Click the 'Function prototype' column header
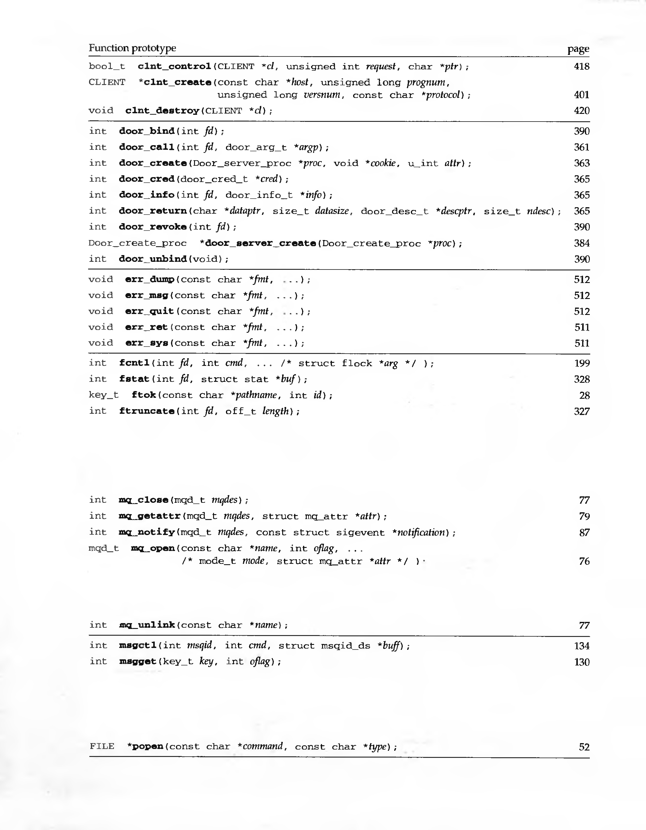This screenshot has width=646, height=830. pyautogui.click(x=132, y=48)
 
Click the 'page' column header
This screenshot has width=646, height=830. pyautogui.click(x=578, y=49)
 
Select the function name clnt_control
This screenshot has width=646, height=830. pyautogui.click(x=174, y=67)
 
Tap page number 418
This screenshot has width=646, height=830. pyautogui.click(x=581, y=67)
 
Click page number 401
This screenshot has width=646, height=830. pyautogui.click(x=581, y=95)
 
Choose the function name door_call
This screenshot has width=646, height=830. pyautogui.click(x=147, y=147)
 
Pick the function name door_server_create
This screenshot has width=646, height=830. pyautogui.click(x=260, y=243)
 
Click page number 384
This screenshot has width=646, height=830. pyautogui.click(x=581, y=243)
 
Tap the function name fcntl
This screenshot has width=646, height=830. pyautogui.click(x=134, y=363)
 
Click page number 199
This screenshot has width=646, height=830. pyautogui.click(x=582, y=363)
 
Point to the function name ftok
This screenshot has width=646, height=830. pyautogui.click(x=144, y=395)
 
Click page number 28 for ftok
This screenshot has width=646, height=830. pyautogui.click(x=584, y=396)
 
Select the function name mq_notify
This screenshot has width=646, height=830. pyautogui.click(x=147, y=532)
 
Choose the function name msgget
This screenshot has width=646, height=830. pyautogui.click(x=138, y=662)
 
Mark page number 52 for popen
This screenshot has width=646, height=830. pyautogui.click(x=584, y=747)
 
